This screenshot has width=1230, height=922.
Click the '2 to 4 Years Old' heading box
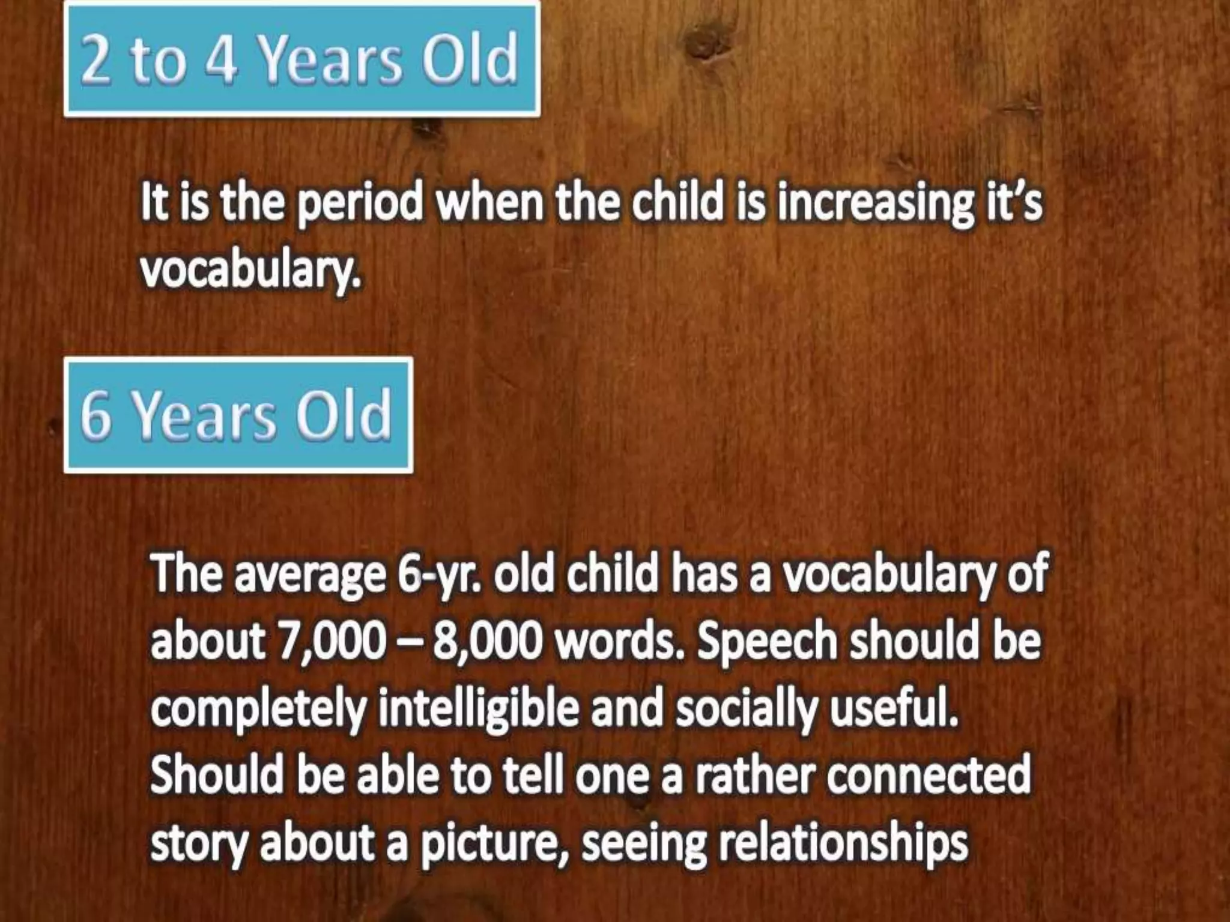pyautogui.click(x=301, y=59)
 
